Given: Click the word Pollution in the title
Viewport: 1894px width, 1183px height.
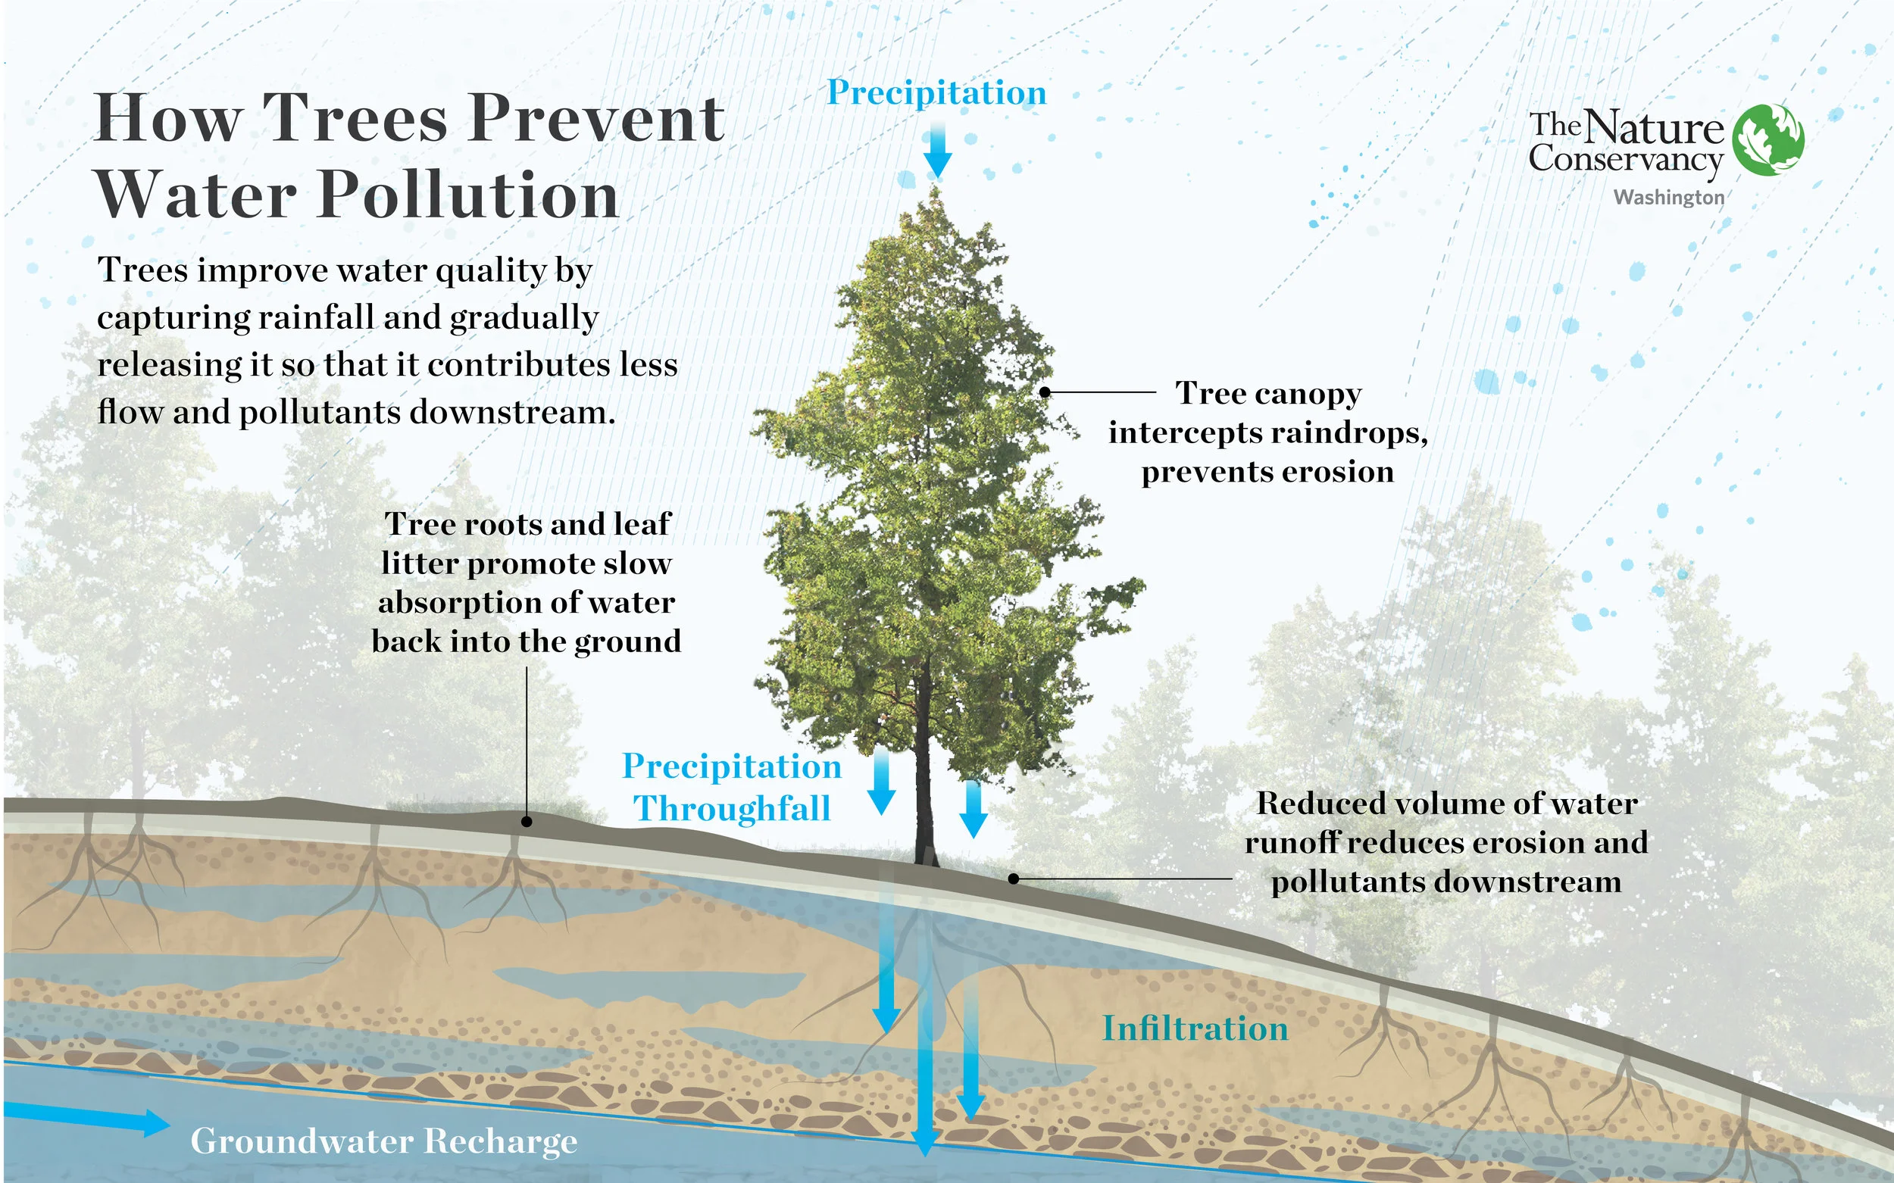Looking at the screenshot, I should click(469, 195).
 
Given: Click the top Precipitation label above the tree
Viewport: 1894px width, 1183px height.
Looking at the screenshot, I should click(936, 92).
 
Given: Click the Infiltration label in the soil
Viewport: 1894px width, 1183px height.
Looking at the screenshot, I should click(1195, 1028).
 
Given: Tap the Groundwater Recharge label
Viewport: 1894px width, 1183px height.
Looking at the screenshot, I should click(383, 1141).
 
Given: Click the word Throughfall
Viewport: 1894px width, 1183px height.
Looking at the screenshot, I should click(732, 808).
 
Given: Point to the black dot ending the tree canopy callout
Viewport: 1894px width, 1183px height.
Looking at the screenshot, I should click(1044, 392).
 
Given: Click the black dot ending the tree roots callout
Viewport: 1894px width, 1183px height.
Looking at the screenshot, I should click(527, 822).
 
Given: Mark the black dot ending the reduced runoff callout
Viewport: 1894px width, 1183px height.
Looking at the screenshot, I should click(1014, 879).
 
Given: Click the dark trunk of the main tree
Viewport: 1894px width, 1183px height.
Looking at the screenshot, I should click(924, 782).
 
